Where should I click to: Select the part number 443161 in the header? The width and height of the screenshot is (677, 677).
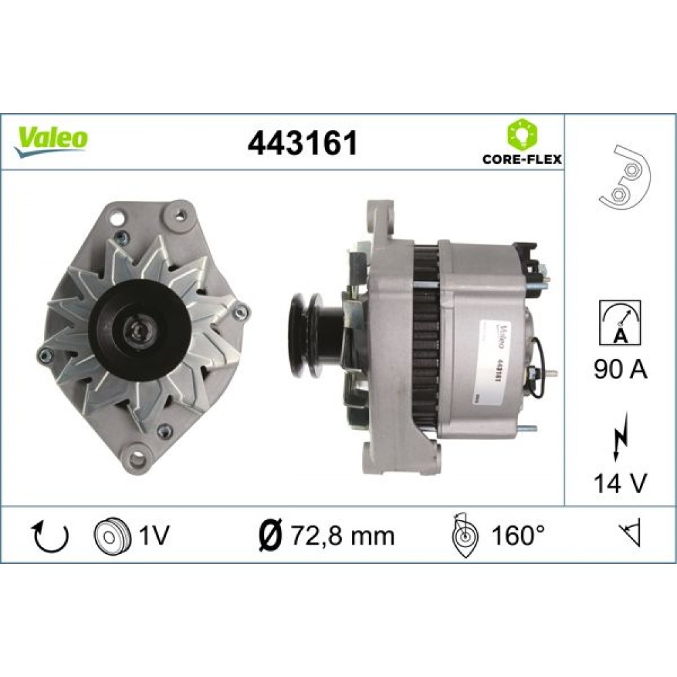pyautogui.click(x=303, y=143)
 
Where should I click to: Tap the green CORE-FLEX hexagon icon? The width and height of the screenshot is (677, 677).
pyautogui.click(x=521, y=135)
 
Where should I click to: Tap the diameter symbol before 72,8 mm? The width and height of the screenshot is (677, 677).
pyautogui.click(x=272, y=536)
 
